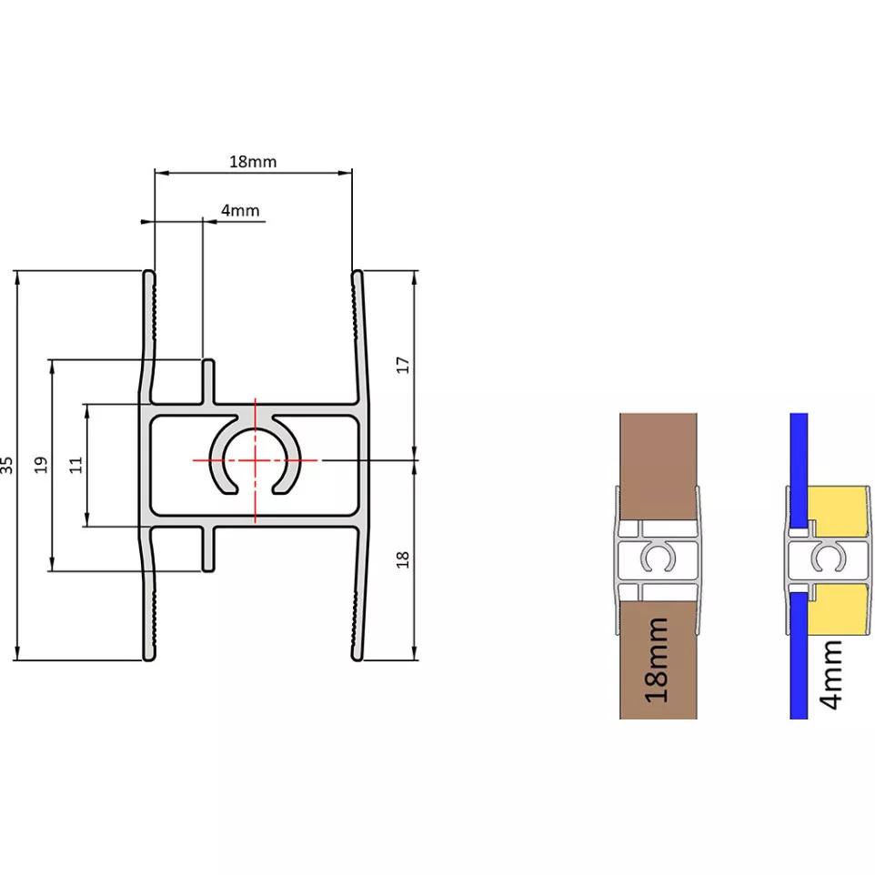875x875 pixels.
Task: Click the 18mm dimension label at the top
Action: pyautogui.click(x=253, y=161)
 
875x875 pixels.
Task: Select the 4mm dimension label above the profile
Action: pyautogui.click(x=240, y=210)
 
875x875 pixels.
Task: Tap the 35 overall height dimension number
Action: pyautogui.click(x=6, y=465)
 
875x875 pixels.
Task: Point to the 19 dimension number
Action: pyautogui.click(x=41, y=465)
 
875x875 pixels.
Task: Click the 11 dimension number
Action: pyautogui.click(x=75, y=465)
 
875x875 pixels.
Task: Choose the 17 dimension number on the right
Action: pyautogui.click(x=403, y=365)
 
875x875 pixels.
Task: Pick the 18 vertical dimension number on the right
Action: pyautogui.click(x=403, y=559)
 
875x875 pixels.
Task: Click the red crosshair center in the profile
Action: pyautogui.click(x=255, y=460)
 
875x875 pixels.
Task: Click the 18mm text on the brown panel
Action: pyautogui.click(x=657, y=659)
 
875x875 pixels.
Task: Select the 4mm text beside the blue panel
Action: pyautogui.click(x=832, y=675)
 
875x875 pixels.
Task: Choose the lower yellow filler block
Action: pyautogui.click(x=840, y=608)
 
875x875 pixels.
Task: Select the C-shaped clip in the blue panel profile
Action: pyautogui.click(x=829, y=557)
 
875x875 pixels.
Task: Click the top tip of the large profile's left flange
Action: pyautogui.click(x=149, y=271)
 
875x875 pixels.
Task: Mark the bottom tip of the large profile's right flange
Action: pyautogui.click(x=357, y=659)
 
